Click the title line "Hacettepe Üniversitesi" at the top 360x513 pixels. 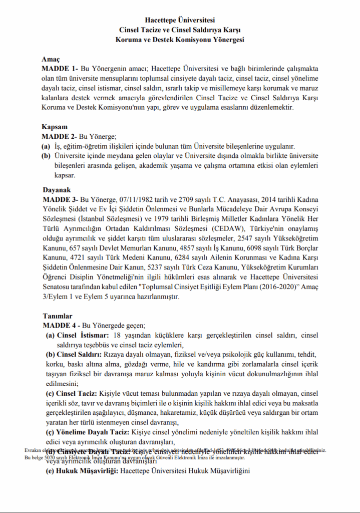click(180, 21)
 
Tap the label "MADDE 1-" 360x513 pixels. click(59, 68)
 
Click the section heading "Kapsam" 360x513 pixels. click(54, 127)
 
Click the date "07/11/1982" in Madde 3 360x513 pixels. click(138, 199)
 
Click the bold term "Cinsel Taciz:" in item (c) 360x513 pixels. click(77, 394)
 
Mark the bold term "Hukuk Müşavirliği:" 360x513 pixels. click(87, 471)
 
